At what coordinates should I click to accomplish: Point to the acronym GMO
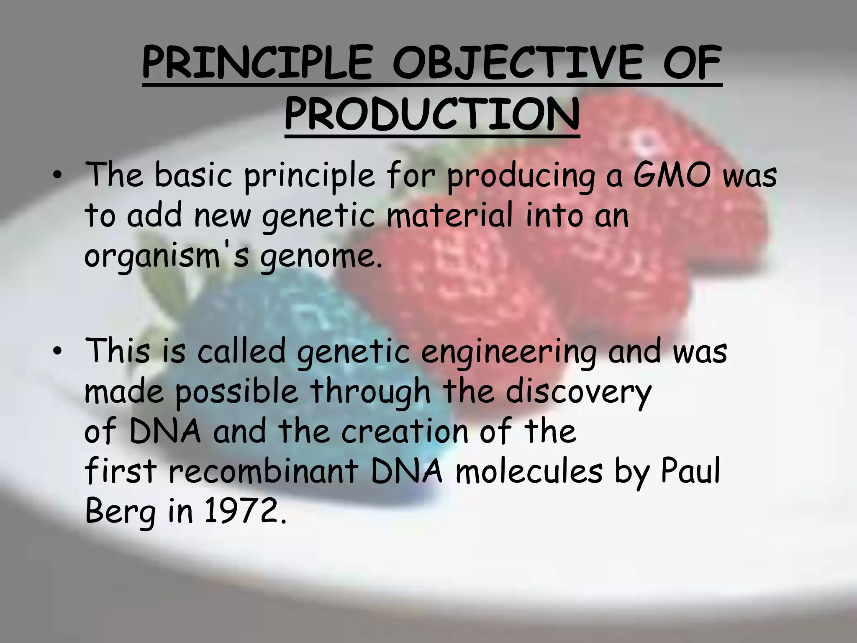(x=672, y=175)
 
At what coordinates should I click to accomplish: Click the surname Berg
(x=121, y=512)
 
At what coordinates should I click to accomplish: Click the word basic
(x=193, y=175)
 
